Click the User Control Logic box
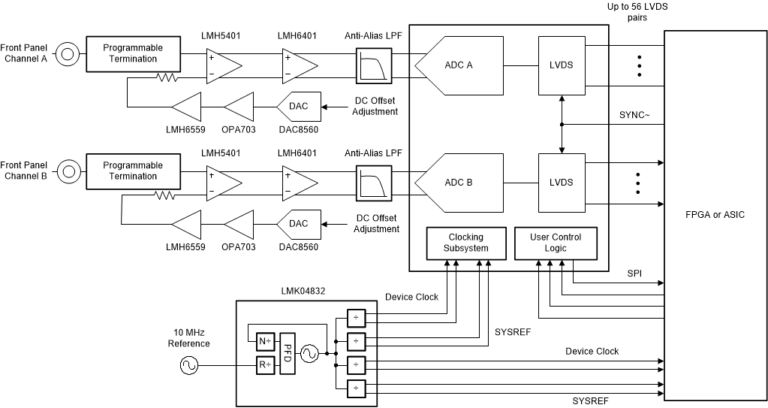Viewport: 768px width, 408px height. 556,243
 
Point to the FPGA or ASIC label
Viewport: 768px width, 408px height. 715,214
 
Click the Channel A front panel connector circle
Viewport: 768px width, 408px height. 68,53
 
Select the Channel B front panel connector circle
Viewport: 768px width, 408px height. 68,171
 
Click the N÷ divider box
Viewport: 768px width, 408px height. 265,342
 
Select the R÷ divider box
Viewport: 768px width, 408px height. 265,366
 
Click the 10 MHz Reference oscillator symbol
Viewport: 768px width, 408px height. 188,366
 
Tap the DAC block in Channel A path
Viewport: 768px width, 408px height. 298,107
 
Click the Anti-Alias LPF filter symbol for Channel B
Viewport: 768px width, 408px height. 373,182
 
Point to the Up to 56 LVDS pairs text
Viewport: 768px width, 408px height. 638,12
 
